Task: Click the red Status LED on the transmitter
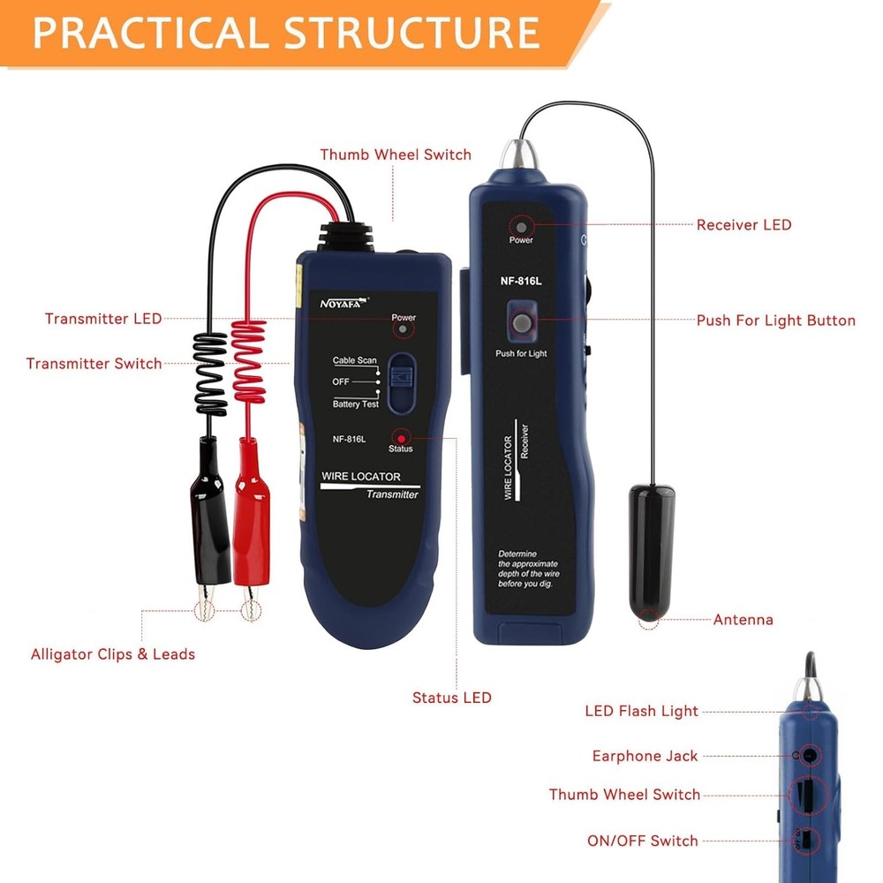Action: click(401, 438)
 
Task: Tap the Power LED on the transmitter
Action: click(404, 329)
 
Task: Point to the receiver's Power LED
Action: click(521, 226)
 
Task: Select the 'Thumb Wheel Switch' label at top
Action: click(396, 155)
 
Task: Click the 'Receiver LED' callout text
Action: click(743, 225)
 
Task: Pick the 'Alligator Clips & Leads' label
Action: click(113, 654)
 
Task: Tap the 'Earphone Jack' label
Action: click(645, 756)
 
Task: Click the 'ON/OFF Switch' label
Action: click(642, 841)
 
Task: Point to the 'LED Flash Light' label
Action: click(641, 711)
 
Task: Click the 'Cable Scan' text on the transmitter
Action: click(354, 360)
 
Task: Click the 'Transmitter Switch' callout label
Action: click(94, 364)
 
